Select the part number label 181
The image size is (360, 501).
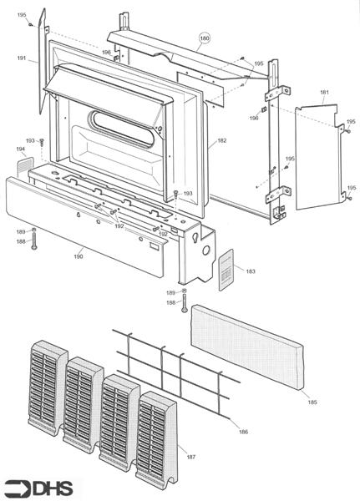click(324, 92)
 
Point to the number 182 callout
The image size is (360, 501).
click(221, 141)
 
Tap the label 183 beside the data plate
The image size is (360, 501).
click(251, 271)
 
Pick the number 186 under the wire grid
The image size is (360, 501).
click(243, 431)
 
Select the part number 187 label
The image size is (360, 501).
click(191, 458)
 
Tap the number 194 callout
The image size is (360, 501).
click(21, 149)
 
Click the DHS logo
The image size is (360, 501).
click(38, 488)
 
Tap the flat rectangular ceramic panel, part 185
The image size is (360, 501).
click(247, 347)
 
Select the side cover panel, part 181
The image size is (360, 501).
click(320, 154)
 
